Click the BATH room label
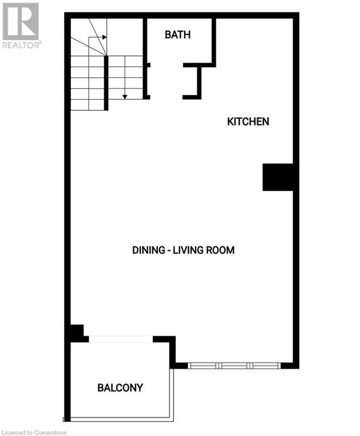point(177,35)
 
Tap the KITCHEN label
point(248,121)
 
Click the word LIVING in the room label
point(193,250)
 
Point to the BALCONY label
point(120,388)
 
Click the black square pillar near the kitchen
point(277,177)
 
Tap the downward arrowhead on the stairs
point(125,96)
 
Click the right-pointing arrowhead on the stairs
point(104,37)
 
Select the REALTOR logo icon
point(20,21)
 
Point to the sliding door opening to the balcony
point(121,339)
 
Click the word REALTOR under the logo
point(20,45)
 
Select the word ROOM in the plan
point(221,250)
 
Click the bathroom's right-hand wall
point(214,41)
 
